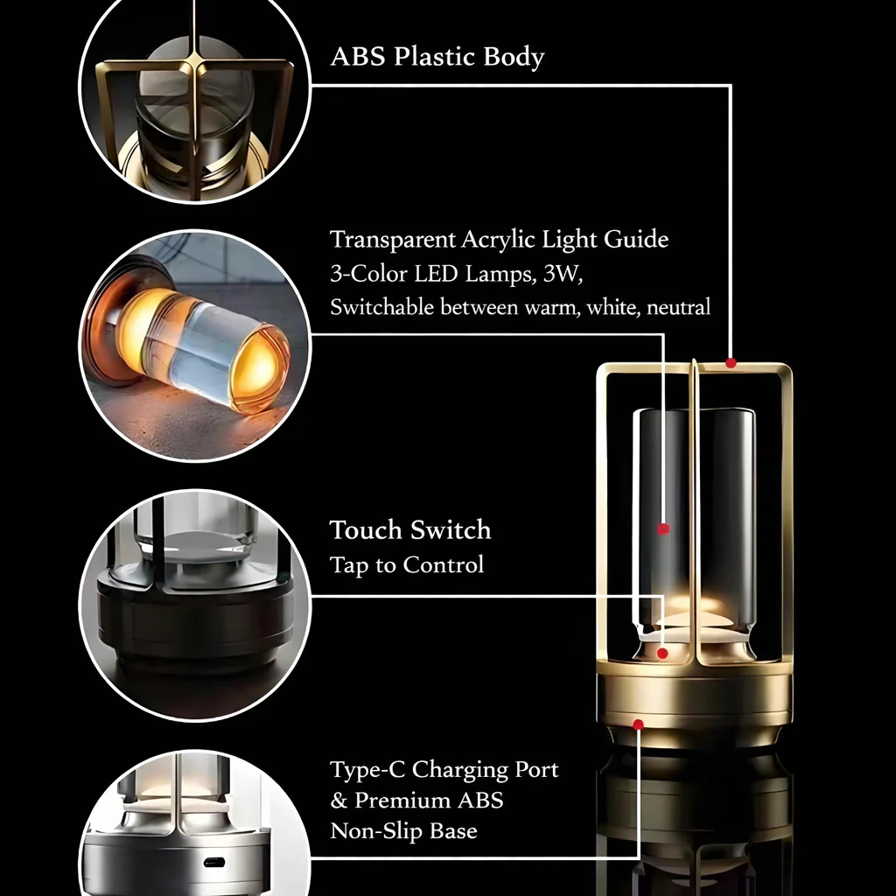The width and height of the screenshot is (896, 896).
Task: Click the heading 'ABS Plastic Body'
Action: pos(437,57)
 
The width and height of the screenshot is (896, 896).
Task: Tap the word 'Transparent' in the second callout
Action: pos(393,240)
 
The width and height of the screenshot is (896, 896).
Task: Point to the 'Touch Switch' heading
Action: pos(410,529)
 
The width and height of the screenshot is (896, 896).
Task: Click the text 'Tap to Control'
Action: pos(407,564)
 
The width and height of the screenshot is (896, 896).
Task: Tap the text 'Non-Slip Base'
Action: pos(403,831)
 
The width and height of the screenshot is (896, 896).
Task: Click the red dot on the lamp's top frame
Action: pos(731,363)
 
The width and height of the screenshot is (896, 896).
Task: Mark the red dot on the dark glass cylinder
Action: pos(663,529)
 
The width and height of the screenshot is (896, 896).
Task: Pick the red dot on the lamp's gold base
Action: pos(638,724)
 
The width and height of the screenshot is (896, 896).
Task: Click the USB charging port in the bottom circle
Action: pos(214,862)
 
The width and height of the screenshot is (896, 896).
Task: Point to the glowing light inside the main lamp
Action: pos(694,610)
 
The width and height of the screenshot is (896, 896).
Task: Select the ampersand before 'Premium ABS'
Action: pos(339,801)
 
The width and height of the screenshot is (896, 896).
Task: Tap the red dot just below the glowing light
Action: pos(662,653)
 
